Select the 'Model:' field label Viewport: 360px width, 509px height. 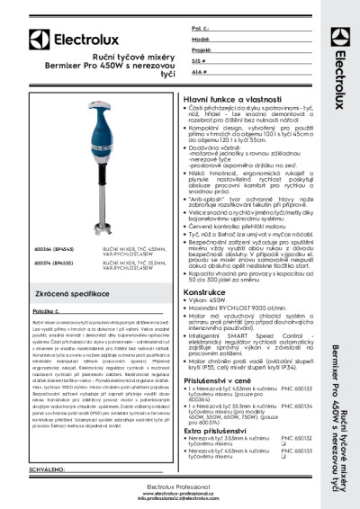point(200,40)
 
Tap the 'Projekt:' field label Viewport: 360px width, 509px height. point(201,50)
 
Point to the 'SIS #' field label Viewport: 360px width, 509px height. point(198,60)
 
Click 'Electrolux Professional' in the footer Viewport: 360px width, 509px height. point(179,487)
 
